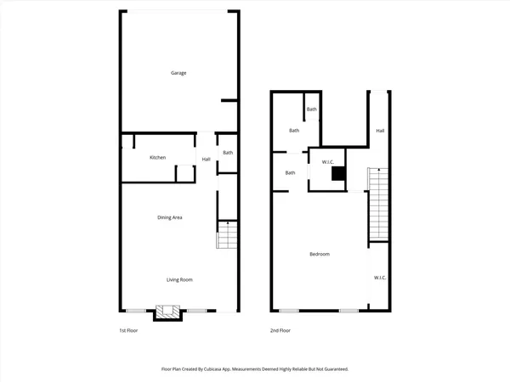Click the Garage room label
click(178, 73)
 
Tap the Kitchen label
click(158, 158)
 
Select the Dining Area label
click(171, 217)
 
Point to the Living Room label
click(178, 279)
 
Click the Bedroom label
click(320, 255)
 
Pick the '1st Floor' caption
click(128, 330)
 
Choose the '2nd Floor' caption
click(280, 330)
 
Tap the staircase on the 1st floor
click(226, 235)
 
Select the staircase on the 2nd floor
click(377, 204)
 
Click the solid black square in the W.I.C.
click(339, 174)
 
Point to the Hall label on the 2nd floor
click(380, 131)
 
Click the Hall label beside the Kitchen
click(207, 160)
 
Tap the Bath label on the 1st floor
click(228, 153)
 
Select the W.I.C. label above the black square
click(327, 161)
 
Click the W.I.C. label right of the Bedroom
click(380, 278)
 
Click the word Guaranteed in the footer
click(332, 369)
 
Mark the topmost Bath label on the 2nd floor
click(312, 110)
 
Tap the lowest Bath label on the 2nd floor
click(290, 173)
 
